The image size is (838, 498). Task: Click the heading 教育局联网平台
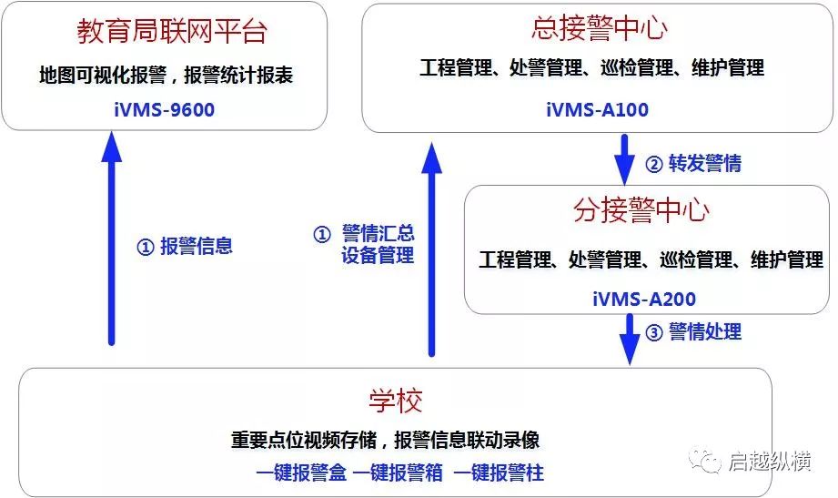pos(172,31)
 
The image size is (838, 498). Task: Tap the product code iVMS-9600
pos(165,109)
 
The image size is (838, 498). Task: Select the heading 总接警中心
pos(599,28)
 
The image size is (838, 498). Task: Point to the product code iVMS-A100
pos(597,109)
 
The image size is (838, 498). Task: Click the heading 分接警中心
pos(641,209)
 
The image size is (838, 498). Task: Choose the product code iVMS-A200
pos(644,299)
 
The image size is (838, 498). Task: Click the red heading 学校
pos(396,401)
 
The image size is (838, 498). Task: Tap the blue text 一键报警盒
pos(301,473)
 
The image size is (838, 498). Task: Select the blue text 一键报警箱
pos(398,473)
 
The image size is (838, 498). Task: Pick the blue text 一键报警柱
pos(499,473)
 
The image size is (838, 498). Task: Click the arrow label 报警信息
pos(197,246)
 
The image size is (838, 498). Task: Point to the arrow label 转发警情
pos(705,163)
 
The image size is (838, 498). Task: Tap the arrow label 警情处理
pos(705,331)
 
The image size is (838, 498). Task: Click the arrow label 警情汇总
pos(379,233)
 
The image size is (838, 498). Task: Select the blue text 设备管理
pos(379,255)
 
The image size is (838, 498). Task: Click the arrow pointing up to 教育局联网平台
pos(112,239)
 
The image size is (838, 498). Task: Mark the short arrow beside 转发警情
pos(624,159)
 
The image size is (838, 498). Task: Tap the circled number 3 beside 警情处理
pos(654,332)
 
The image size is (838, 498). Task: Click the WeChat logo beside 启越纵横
pos(704,461)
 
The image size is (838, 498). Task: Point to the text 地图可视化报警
pos(103,75)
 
